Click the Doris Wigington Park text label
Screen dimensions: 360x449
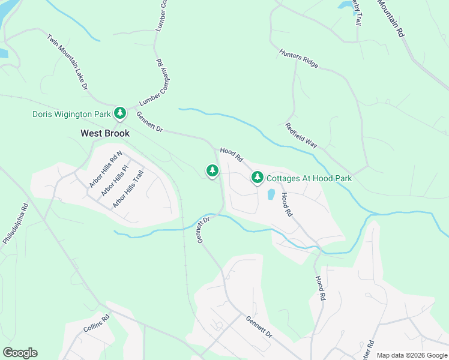point(71,114)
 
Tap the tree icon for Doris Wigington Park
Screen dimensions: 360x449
point(120,113)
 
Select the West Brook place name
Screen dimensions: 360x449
point(105,133)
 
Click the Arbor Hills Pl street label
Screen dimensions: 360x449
point(115,181)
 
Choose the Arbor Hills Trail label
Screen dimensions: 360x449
point(128,189)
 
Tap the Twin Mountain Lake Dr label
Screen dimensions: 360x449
point(68,62)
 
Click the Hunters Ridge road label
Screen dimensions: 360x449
point(298,59)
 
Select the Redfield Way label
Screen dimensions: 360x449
point(301,136)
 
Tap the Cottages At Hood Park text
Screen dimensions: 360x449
point(309,178)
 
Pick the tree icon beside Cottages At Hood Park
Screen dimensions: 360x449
point(258,177)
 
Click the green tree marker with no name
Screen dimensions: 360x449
point(212,171)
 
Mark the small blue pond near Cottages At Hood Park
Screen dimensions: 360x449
point(271,194)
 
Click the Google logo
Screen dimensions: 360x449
point(20,353)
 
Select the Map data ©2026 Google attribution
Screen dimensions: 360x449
point(412,355)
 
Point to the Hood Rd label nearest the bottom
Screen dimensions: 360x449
point(321,288)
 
